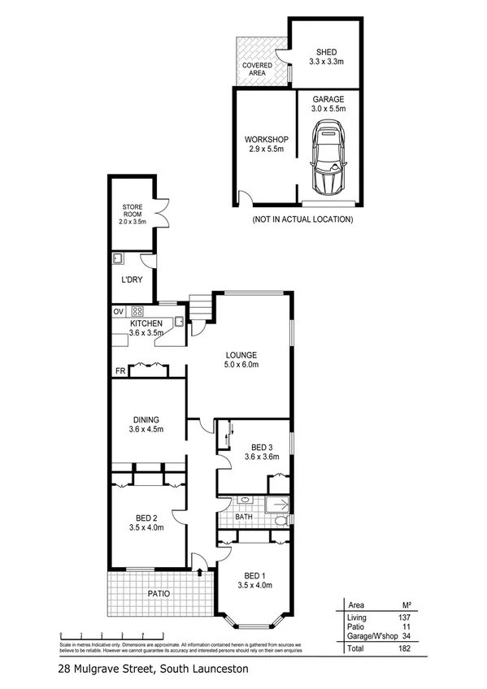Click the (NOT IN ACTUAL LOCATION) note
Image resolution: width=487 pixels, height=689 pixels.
[x=302, y=219]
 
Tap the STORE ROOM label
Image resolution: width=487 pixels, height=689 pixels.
[x=133, y=214]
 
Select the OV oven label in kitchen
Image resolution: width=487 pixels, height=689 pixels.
[x=117, y=310]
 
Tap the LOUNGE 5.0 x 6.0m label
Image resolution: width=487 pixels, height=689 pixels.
[x=241, y=360]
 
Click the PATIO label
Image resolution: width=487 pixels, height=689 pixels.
[x=159, y=594]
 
